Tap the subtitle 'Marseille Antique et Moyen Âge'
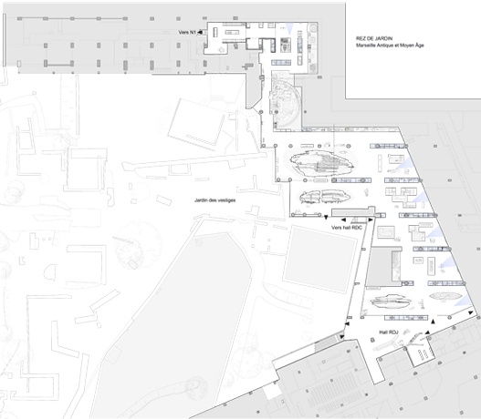pyautogui.click(x=390, y=46)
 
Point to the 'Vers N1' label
pyautogui.click(x=187, y=32)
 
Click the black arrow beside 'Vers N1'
pyautogui.click(x=200, y=32)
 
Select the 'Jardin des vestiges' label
pyautogui.click(x=215, y=200)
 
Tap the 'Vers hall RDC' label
pyautogui.click(x=347, y=228)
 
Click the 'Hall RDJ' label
pyautogui.click(x=388, y=332)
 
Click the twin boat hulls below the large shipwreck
pyautogui.click(x=325, y=197)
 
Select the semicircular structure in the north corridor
pyautogui.click(x=286, y=101)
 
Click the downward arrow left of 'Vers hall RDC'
pyautogui.click(x=326, y=217)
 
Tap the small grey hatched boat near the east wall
pyautogui.click(x=445, y=296)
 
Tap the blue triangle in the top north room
pyautogui.click(x=289, y=28)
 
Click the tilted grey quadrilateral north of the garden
pyautogui.click(x=197, y=124)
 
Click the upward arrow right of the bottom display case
pyautogui.click(x=434, y=322)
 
